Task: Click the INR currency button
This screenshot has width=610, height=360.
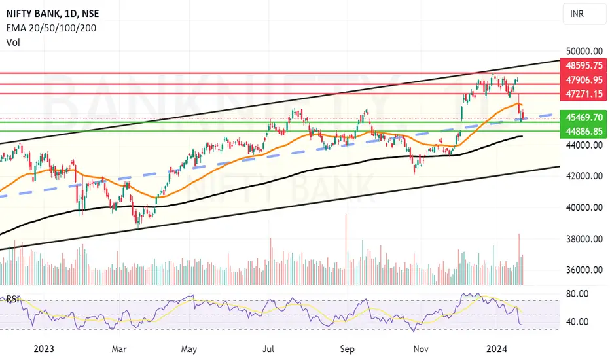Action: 584,14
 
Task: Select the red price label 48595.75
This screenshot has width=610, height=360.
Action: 584,65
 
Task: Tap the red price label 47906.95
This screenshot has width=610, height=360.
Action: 584,80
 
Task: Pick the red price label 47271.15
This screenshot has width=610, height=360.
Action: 584,94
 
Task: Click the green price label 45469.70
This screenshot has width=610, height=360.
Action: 584,117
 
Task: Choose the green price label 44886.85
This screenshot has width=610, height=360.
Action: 584,132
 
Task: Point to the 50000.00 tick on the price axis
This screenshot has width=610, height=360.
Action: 584,51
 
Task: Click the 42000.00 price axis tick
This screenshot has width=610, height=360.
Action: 584,176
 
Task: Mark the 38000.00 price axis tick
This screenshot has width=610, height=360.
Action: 584,238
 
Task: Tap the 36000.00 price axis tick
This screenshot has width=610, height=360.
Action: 584,270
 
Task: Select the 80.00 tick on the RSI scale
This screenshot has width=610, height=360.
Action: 577,294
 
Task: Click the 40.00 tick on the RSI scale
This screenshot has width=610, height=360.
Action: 577,322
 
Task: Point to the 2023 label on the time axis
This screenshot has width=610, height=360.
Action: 44,349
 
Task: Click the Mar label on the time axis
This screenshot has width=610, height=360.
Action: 119,349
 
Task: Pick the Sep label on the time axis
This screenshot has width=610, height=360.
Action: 347,349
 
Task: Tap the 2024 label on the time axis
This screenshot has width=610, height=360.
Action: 497,349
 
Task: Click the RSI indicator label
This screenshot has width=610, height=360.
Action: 12,299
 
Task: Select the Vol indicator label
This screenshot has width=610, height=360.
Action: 13,42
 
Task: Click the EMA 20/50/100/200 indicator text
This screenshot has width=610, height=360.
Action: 51,28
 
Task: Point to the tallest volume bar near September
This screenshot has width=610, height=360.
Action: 346,249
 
